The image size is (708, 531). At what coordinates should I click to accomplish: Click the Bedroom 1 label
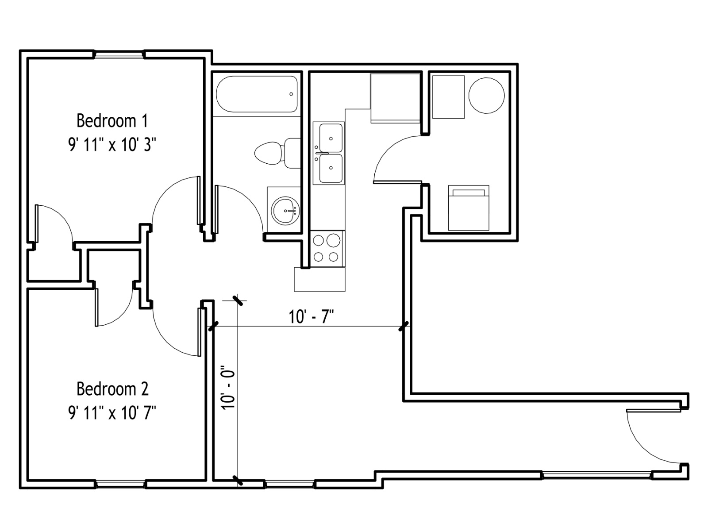tap(112, 120)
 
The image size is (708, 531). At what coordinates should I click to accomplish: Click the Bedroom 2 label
tap(112, 389)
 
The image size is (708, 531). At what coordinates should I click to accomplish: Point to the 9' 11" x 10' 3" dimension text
tap(112, 144)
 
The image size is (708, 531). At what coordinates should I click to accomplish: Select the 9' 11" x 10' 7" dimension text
tap(112, 412)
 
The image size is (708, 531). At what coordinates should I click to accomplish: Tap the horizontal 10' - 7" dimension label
tap(311, 316)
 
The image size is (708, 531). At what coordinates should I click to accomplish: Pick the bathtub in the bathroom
tap(257, 94)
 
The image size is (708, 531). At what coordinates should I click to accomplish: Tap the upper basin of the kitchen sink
tap(331, 138)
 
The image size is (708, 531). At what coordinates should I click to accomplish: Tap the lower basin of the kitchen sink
tap(331, 168)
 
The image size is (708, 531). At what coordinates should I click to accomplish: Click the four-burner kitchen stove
tap(327, 249)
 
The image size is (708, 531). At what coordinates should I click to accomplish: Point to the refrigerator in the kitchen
tap(396, 98)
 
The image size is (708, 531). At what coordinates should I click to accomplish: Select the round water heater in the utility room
tap(486, 96)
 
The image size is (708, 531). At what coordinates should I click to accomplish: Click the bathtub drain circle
tap(291, 94)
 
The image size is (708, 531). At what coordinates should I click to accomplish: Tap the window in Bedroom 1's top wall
tap(119, 54)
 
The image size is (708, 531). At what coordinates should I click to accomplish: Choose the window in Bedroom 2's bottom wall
tap(121, 484)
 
